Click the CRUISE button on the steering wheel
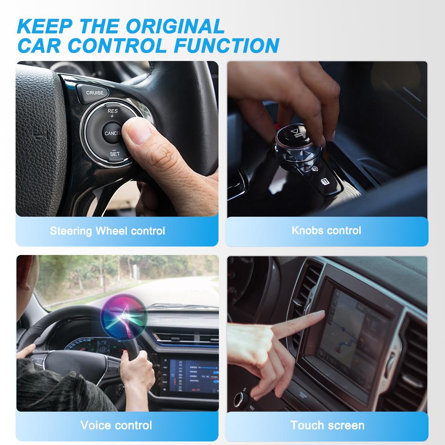(94, 93)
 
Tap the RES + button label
(112, 113)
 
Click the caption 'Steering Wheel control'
(107, 231)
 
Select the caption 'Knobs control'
(326, 230)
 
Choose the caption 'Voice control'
(116, 425)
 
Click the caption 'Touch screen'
(327, 425)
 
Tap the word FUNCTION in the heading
(225, 45)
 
